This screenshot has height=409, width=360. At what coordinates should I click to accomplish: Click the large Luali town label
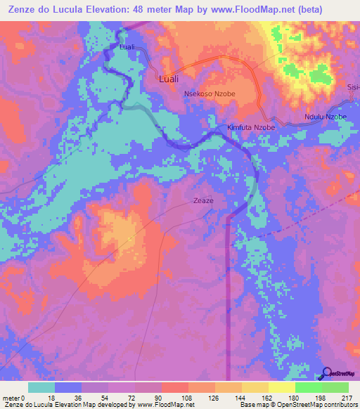click(167, 79)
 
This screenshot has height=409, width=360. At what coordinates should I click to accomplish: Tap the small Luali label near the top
click(127, 47)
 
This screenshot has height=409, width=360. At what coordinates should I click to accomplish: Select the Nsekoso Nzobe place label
click(210, 93)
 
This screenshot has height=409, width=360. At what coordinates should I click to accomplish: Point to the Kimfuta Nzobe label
click(251, 128)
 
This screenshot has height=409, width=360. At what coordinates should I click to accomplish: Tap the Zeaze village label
click(203, 201)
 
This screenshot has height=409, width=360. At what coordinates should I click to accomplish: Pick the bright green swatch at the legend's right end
click(335, 387)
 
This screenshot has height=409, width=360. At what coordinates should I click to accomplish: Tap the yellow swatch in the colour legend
click(281, 387)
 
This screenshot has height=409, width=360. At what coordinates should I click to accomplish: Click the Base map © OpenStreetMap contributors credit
click(298, 405)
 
